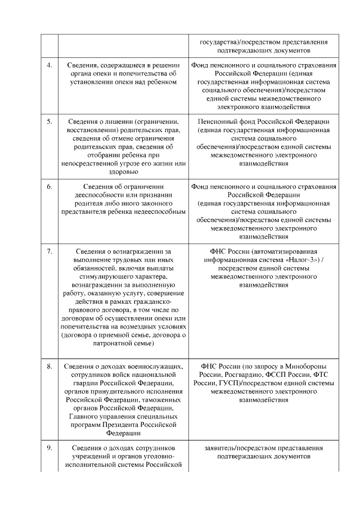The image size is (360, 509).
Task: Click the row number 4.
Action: [49, 65]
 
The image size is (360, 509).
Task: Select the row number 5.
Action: [49, 121]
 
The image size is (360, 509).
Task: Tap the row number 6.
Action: [49, 186]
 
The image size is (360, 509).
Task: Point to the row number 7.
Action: [49, 251]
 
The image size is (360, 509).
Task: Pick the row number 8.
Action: [49, 366]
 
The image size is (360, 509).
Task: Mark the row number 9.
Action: [49, 448]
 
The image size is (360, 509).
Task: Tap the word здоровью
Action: [122, 172]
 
